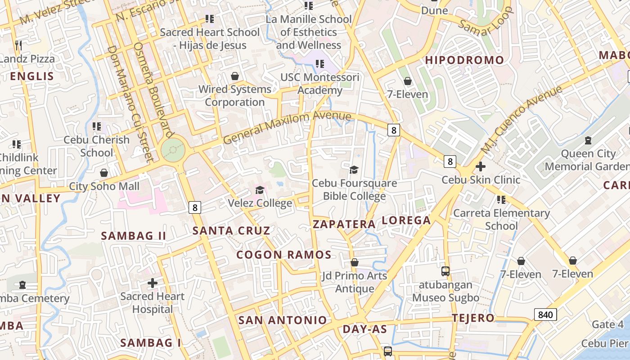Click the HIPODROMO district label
tap(464, 60)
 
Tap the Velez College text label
tap(260, 203)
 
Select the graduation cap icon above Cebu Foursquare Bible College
tap(354, 170)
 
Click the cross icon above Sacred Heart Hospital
tap(153, 283)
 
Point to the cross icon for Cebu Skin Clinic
tap(480, 166)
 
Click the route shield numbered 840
tap(545, 314)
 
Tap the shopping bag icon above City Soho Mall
tap(104, 173)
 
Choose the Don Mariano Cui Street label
tap(130, 103)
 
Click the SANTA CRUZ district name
tap(231, 231)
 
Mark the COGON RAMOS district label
tap(284, 255)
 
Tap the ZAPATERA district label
tap(344, 224)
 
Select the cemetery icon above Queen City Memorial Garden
tap(588, 140)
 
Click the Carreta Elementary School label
tap(501, 219)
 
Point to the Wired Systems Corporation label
tap(235, 95)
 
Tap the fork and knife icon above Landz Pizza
tap(18, 45)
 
